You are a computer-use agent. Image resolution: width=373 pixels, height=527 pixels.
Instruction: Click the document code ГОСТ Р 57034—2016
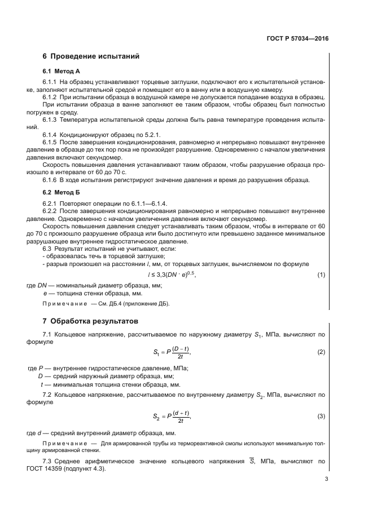point(297,39)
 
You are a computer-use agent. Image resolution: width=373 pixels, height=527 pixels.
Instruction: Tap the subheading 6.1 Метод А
point(62,72)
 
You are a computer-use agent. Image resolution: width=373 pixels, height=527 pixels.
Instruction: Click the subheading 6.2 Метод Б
point(62,192)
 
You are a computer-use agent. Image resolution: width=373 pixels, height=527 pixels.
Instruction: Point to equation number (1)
point(322,274)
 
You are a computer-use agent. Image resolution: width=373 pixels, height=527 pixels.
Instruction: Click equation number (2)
point(322,352)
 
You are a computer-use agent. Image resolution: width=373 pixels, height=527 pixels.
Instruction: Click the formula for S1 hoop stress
point(172,353)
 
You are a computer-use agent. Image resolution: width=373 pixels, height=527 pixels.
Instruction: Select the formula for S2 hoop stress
point(172,417)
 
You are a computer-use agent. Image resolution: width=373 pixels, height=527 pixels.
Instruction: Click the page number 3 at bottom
point(326,480)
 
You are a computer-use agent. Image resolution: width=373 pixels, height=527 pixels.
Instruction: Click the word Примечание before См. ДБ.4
point(62,304)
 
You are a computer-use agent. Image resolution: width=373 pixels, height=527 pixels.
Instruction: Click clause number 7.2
point(47,395)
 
